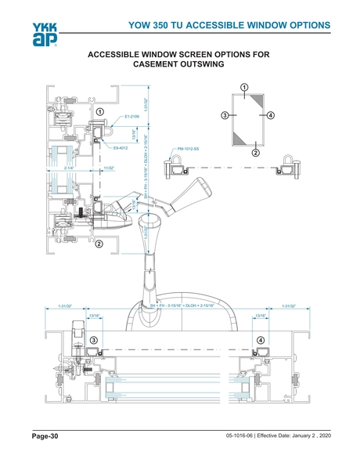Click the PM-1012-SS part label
[188, 147]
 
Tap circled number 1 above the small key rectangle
[244, 86]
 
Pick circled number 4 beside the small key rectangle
[270, 116]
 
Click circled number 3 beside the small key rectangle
[225, 116]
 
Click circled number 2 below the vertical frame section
[99, 244]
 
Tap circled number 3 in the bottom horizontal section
[93, 340]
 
